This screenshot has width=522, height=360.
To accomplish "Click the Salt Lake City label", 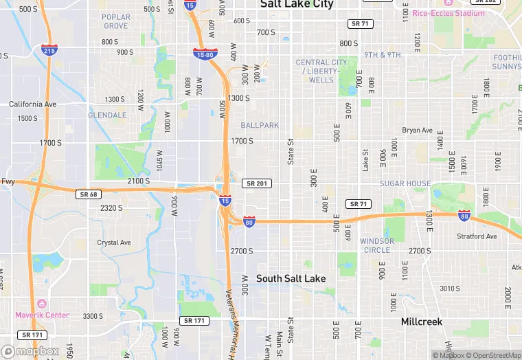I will point(297,5).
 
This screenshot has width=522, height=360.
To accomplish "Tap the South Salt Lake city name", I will point(291,278).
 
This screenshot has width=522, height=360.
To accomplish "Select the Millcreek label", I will point(422,322).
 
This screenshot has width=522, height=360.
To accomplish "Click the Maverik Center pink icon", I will point(42,303).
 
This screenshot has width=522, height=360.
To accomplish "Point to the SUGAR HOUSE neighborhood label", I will point(406,183).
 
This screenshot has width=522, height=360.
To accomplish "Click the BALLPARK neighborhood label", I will point(260,125).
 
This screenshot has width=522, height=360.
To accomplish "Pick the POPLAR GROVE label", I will point(115,21).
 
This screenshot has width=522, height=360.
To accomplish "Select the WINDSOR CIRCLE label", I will point(377,245).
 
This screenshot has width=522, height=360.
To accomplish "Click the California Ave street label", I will point(32,104).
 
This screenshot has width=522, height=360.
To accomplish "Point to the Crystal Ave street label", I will point(114,243).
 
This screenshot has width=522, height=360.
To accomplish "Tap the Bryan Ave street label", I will point(418,130).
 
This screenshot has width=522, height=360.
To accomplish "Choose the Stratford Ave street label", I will point(477,236).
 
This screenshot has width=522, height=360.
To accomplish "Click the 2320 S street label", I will point(111,207).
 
